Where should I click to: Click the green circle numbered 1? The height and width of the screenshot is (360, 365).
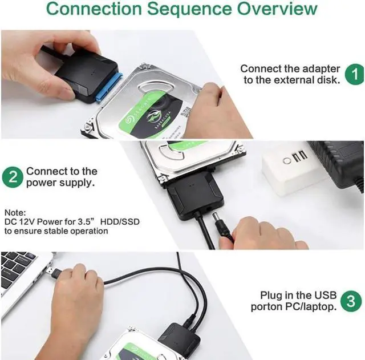point(354,74)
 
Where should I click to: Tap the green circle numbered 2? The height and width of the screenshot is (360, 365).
point(13,177)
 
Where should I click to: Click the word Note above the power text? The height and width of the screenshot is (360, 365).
point(14,211)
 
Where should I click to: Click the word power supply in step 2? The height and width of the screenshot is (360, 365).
point(59,183)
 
